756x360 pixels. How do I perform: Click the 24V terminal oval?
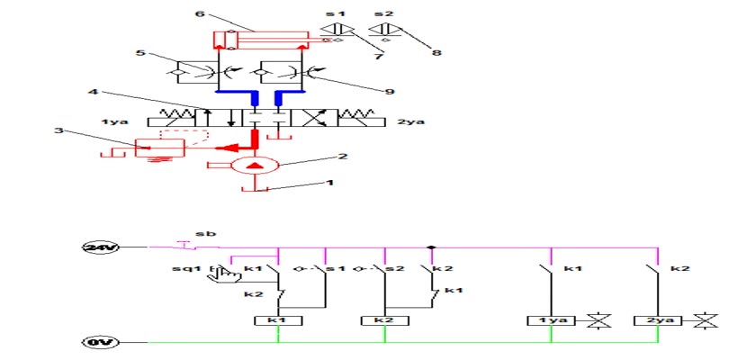[100, 247]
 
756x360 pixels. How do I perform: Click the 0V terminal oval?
[100, 343]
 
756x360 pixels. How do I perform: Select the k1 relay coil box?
[278, 320]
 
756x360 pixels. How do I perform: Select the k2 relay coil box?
[385, 320]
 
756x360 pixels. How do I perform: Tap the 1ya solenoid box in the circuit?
[551, 320]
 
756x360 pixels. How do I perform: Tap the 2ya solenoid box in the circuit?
[658, 320]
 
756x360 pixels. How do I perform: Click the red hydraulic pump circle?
[254, 166]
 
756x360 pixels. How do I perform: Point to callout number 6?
[200, 13]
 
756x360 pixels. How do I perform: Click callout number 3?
[58, 130]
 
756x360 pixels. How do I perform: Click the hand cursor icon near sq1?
[223, 274]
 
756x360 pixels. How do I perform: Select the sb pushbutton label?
[206, 234]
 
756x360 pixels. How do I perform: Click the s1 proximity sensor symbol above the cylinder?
[337, 30]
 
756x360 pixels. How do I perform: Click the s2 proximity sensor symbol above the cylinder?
[386, 30]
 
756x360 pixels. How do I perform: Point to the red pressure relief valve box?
[159, 148]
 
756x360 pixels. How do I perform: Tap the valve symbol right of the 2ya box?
[706, 321]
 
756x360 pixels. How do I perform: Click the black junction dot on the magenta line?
[431, 247]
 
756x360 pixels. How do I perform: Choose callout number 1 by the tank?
[329, 183]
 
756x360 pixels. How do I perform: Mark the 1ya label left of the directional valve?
[115, 121]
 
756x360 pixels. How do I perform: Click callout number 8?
[436, 52]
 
